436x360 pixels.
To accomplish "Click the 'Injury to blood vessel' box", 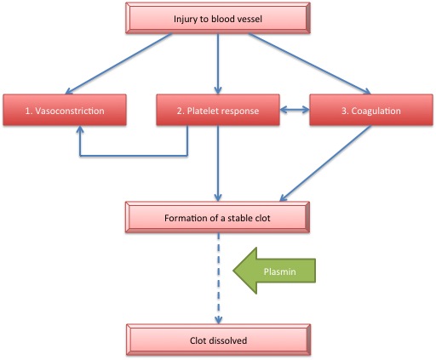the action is (x=218, y=18).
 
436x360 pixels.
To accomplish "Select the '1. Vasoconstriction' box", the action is (x=65, y=110).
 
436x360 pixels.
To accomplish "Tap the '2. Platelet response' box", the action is (x=218, y=110).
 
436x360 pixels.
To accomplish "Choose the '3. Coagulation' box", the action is (x=371, y=110).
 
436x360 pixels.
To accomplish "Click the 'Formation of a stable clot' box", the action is (x=217, y=217).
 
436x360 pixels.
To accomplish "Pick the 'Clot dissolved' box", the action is (x=218, y=340).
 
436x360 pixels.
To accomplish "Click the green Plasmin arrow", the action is (x=274, y=271).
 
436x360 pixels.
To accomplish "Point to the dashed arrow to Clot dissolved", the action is (x=218, y=278).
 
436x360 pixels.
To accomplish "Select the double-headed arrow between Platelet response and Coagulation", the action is (x=295, y=110).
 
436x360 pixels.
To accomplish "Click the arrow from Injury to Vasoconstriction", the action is (x=118, y=64).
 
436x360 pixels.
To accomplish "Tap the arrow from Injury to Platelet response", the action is (x=218, y=64).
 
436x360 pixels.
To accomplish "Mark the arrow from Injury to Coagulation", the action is (x=309, y=64).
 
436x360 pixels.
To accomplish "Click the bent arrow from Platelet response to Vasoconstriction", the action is (x=134, y=156).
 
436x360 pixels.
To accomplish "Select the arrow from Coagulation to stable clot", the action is (x=325, y=163).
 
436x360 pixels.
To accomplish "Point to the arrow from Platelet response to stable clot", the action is (x=218, y=163).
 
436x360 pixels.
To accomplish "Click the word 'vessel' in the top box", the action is (x=249, y=19).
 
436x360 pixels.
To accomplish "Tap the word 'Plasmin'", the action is (x=279, y=271).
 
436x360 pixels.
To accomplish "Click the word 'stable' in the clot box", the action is (x=238, y=218).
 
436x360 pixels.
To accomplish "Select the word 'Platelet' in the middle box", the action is (x=203, y=111).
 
